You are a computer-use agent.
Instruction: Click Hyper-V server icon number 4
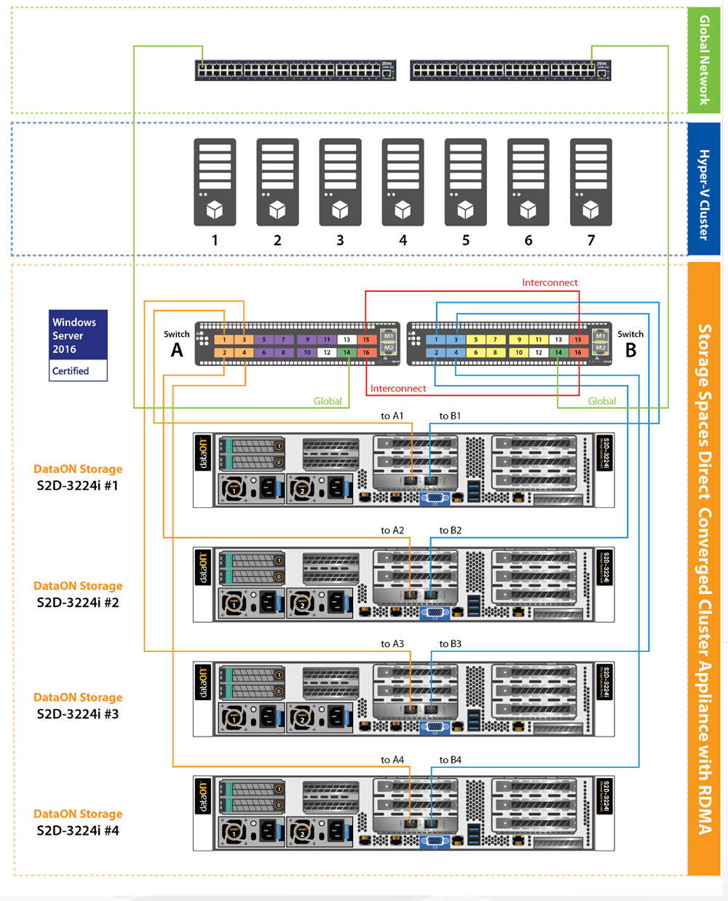tap(403, 182)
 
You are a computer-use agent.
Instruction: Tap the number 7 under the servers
tap(590, 240)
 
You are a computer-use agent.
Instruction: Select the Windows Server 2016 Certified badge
tap(78, 346)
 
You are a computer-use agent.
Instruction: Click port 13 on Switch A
tap(347, 340)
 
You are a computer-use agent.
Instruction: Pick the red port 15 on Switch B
tap(577, 340)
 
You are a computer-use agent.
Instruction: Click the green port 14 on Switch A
tap(347, 353)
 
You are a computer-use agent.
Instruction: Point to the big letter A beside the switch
tap(176, 351)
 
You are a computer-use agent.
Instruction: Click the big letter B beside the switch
tap(630, 351)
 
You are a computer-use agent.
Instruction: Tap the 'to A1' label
tap(392, 416)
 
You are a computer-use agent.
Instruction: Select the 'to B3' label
tap(450, 644)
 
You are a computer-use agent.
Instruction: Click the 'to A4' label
tap(392, 760)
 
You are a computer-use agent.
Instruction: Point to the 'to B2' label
tap(450, 531)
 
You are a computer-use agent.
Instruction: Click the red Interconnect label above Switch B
tap(550, 282)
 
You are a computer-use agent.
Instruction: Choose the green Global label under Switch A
tap(328, 401)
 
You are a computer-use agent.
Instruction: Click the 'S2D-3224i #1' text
tap(78, 485)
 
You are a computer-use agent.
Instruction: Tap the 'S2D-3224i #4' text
tap(78, 830)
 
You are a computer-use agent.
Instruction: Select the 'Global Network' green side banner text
tap(704, 60)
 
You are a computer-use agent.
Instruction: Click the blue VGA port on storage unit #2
tap(435, 613)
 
